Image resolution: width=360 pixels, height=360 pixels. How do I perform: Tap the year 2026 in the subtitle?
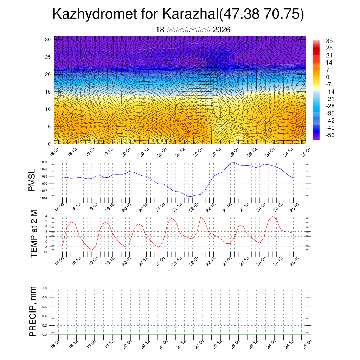pyautogui.click(x=221, y=30)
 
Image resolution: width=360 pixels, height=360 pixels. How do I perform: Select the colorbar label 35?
pyautogui.click(x=329, y=41)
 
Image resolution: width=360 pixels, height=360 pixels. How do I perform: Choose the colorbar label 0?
pyautogui.click(x=328, y=77)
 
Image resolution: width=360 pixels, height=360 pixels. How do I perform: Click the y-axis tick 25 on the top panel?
pyautogui.click(x=48, y=57)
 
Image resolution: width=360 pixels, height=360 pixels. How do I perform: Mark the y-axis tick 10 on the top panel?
pyautogui.click(x=48, y=109)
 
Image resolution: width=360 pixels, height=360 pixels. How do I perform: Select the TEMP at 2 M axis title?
pyautogui.click(x=34, y=234)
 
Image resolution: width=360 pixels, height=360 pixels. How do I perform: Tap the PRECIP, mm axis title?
pyautogui.click(x=33, y=311)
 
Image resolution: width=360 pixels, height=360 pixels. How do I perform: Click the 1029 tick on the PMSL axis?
pyautogui.click(x=44, y=162)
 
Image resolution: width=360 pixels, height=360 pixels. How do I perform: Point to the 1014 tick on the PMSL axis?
pyautogui.click(x=44, y=198)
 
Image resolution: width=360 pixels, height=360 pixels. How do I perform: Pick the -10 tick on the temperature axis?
pyautogui.click(x=45, y=252)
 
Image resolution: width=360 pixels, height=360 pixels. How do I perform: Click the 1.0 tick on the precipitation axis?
pyautogui.click(x=45, y=288)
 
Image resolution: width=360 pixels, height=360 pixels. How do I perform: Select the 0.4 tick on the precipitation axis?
pyautogui.click(x=45, y=316)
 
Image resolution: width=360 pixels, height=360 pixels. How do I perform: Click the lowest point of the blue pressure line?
pyautogui.click(x=188, y=197)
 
